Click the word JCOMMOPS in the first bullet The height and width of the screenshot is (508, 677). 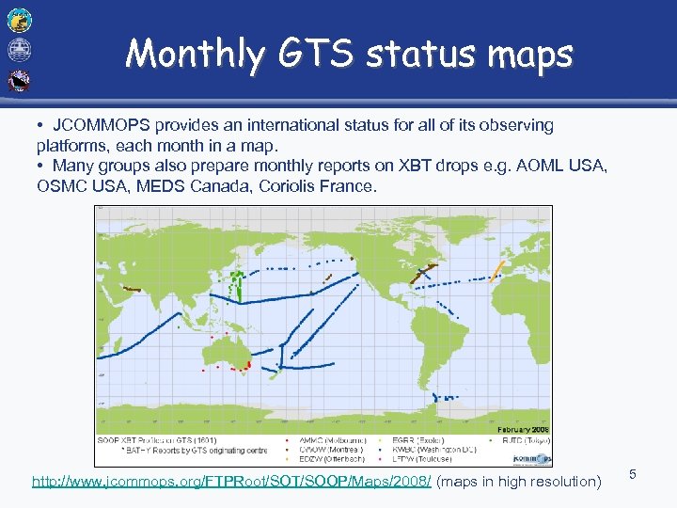pyautogui.click(x=96, y=124)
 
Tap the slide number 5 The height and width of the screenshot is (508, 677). pyautogui.click(x=633, y=475)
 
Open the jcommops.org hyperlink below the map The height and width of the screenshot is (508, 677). pyautogui.click(x=232, y=482)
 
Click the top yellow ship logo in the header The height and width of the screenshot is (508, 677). pyautogui.click(x=20, y=18)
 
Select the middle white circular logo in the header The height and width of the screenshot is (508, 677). pyautogui.click(x=20, y=49)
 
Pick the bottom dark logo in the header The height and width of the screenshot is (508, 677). pyautogui.click(x=20, y=81)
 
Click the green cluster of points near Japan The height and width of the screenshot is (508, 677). pyautogui.click(x=237, y=283)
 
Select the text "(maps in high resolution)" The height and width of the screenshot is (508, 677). pyautogui.click(x=519, y=482)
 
